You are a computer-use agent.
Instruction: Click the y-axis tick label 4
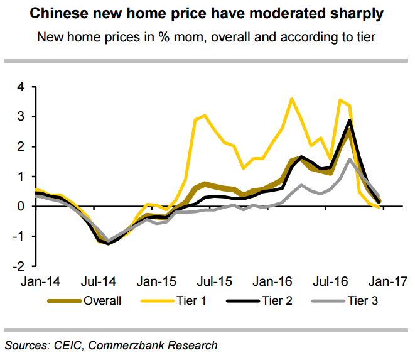click(20, 87)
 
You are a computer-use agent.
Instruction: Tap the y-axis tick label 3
click(20, 117)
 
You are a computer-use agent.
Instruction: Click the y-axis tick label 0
click(20, 207)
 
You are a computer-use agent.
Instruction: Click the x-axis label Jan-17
click(385, 281)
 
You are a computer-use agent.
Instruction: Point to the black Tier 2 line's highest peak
click(349, 120)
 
